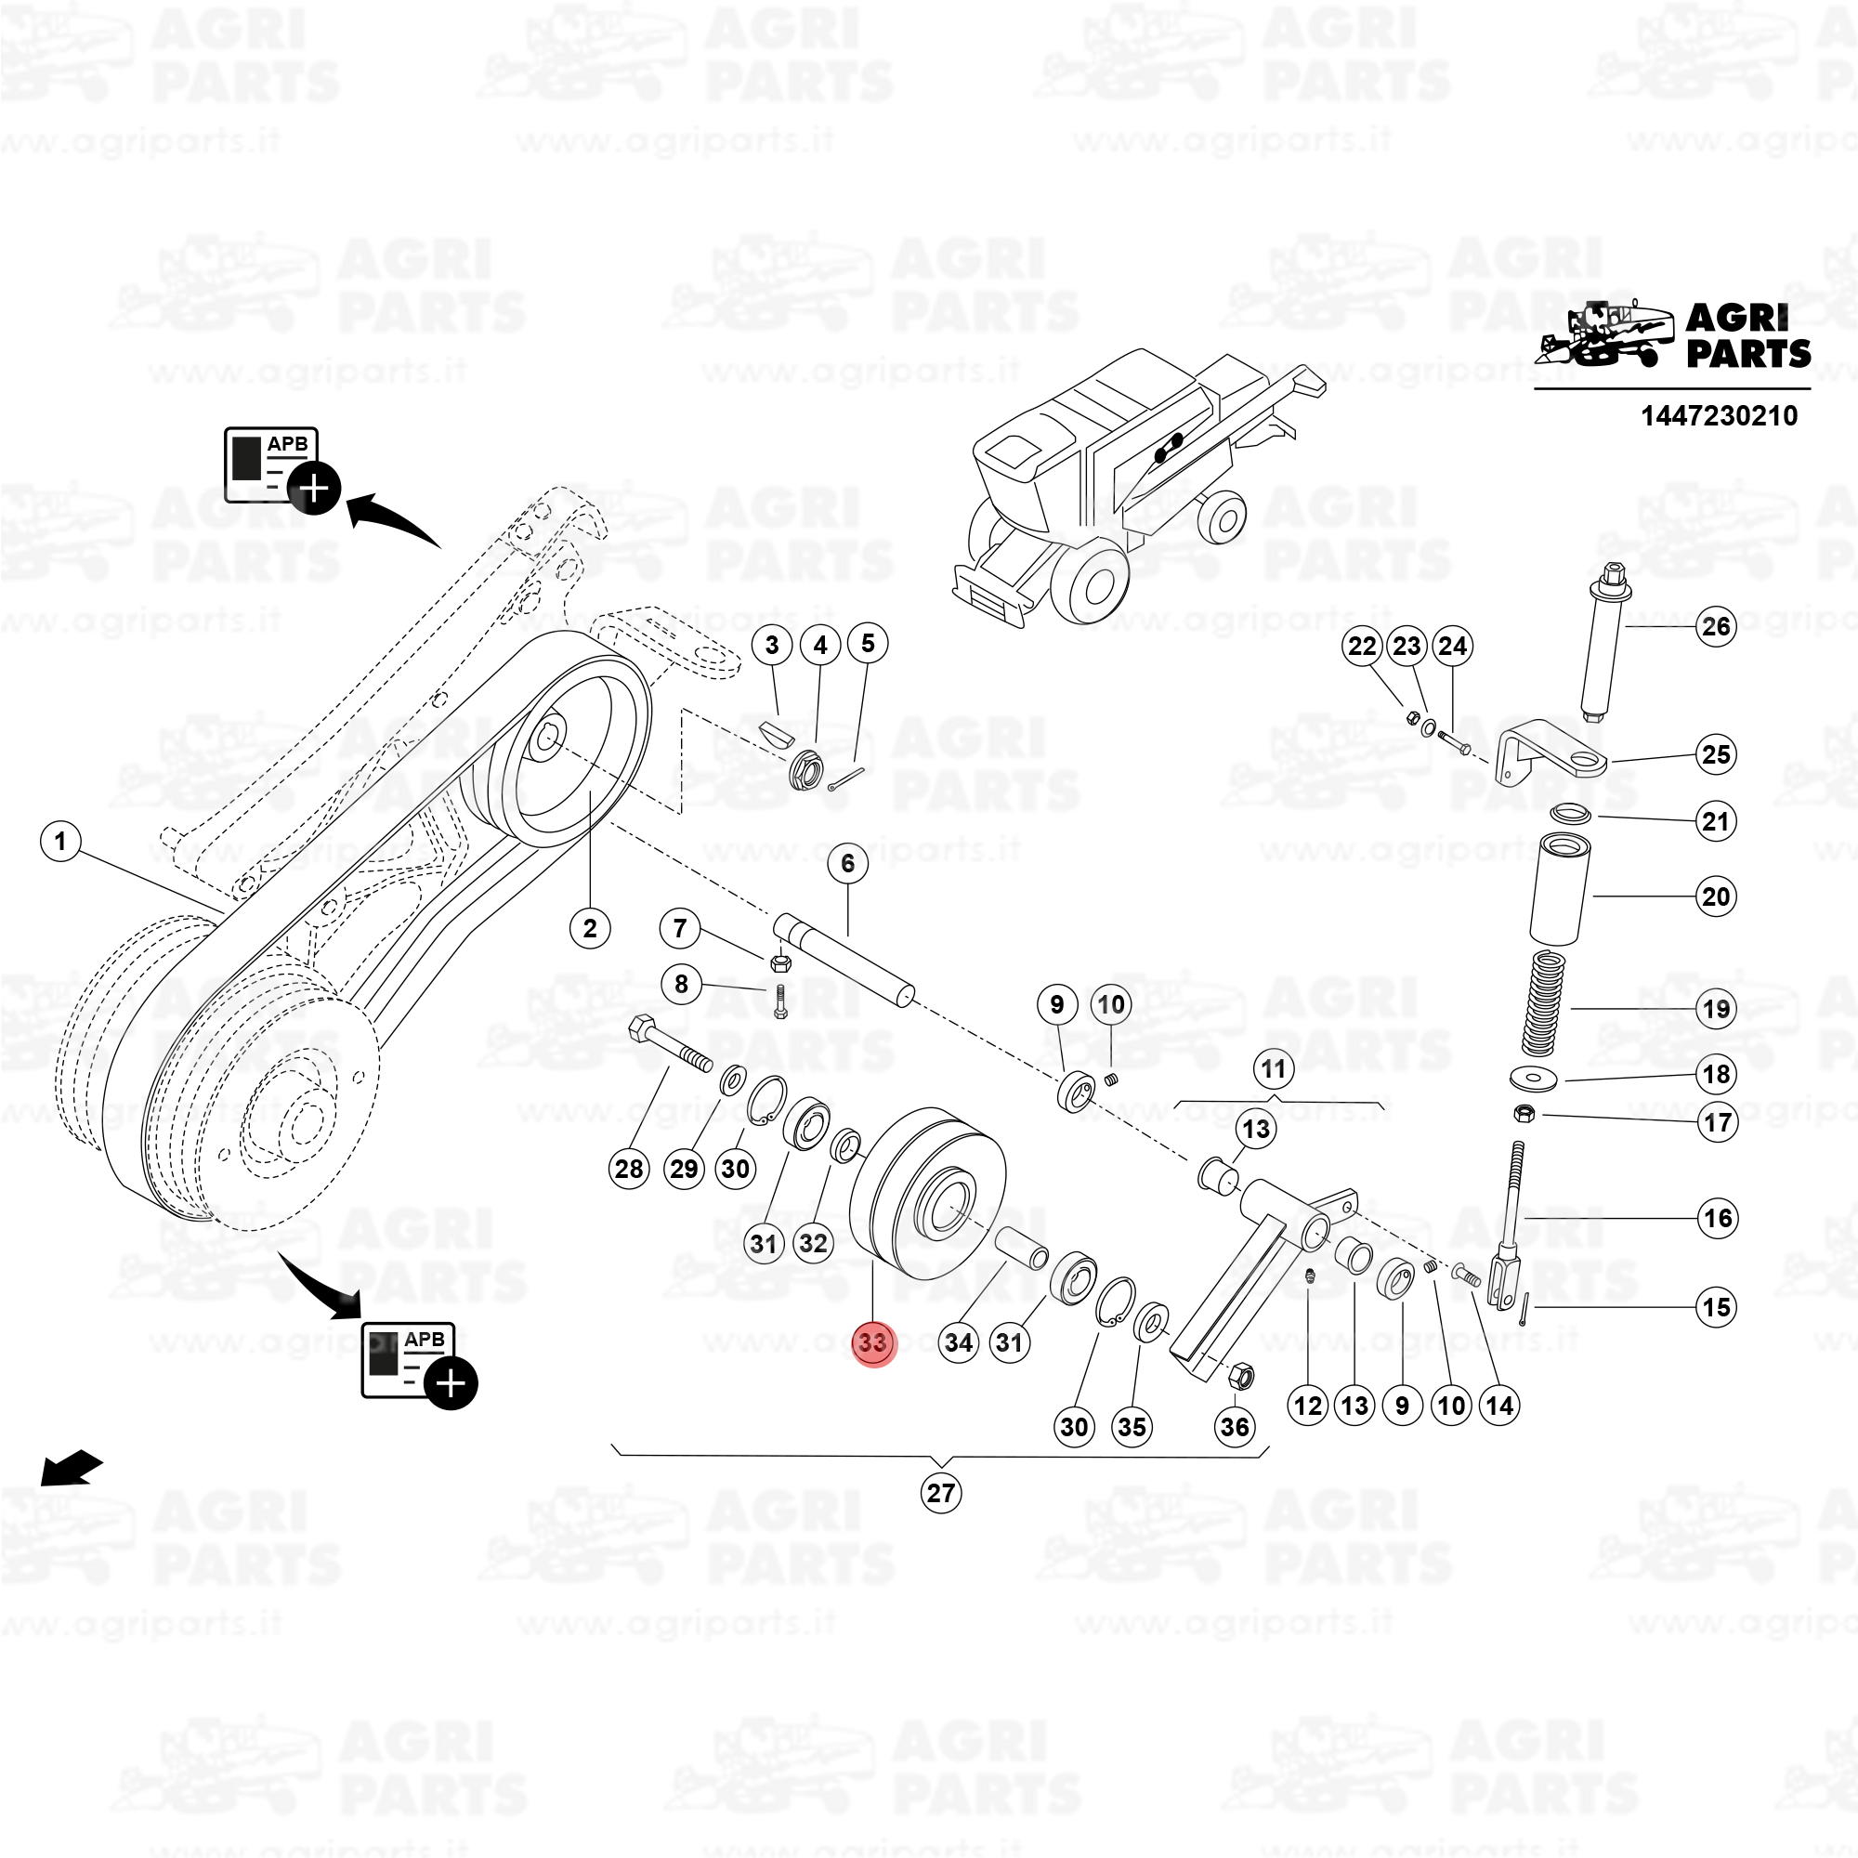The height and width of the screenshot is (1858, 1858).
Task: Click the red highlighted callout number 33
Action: click(x=874, y=1341)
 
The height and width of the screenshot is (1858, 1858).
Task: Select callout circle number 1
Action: click(x=60, y=843)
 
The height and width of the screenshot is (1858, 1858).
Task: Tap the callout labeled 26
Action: click(x=1717, y=627)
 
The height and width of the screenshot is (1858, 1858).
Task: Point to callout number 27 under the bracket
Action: click(x=940, y=1493)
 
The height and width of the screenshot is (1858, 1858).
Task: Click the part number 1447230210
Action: click(x=1719, y=415)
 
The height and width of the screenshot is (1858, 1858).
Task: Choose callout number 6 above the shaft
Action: click(x=847, y=864)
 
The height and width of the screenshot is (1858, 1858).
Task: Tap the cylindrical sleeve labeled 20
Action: click(x=1559, y=890)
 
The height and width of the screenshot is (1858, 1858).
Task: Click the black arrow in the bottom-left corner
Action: click(x=72, y=1468)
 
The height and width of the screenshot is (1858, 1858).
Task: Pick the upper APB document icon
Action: click(x=282, y=470)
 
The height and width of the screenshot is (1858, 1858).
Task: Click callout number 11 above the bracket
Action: click(x=1274, y=1068)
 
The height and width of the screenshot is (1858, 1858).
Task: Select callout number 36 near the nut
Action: click(x=1235, y=1426)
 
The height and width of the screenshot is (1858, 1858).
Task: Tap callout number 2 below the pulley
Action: click(x=590, y=928)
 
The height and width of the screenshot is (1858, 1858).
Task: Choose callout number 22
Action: click(x=1362, y=647)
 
